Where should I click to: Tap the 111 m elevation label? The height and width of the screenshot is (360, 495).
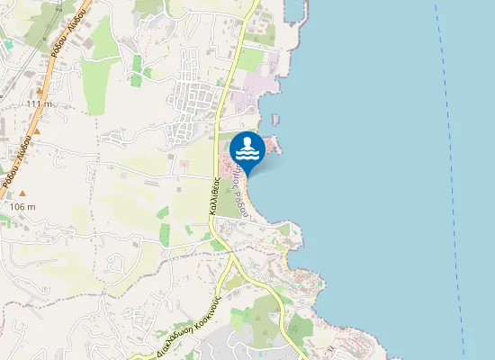(x=39, y=104)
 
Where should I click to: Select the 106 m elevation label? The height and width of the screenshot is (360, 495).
(x=22, y=207)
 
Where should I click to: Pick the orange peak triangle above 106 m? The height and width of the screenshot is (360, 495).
(x=23, y=193)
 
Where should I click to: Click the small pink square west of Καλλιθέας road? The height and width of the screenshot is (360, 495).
(x=184, y=163)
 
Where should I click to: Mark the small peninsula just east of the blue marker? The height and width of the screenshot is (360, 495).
(x=273, y=144)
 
